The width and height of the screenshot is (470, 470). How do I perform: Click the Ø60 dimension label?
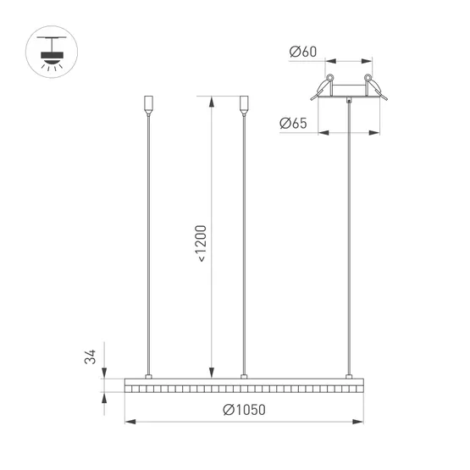(302, 53)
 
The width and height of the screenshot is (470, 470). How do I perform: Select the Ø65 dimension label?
(292, 124)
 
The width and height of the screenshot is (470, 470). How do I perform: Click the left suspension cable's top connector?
(149, 104)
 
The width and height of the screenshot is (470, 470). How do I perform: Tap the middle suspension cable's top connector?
(244, 104)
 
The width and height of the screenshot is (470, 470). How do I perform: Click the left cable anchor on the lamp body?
(149, 375)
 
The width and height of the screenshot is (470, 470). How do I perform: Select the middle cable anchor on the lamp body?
(244, 375)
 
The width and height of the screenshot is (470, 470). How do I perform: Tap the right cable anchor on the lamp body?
(347, 375)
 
